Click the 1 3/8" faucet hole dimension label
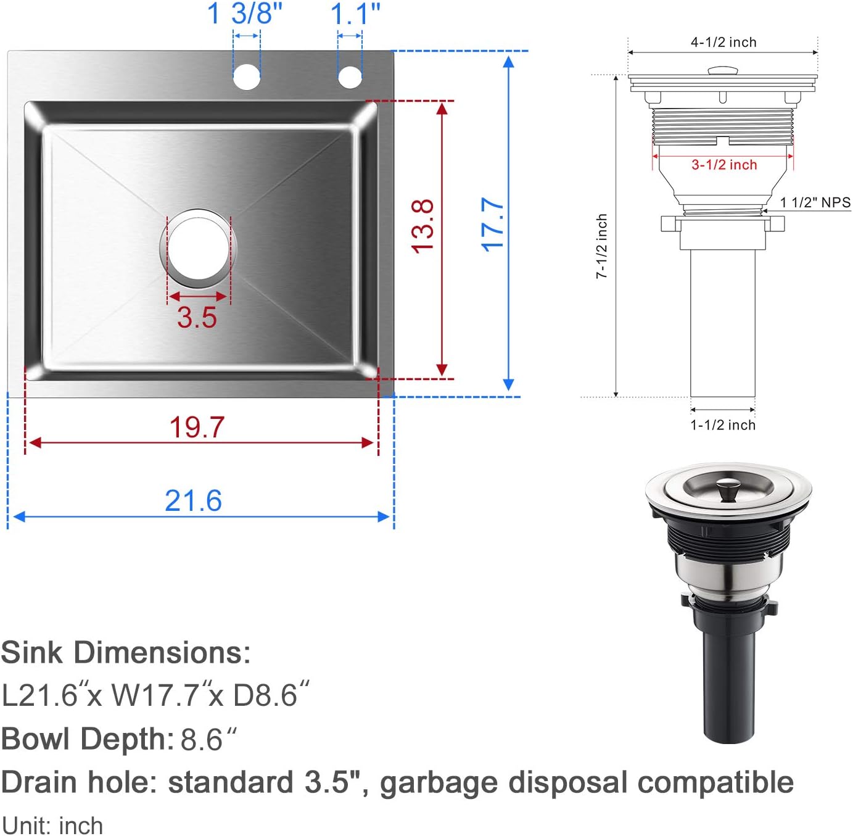(245, 14)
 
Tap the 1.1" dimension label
(355, 14)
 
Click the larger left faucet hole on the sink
(247, 77)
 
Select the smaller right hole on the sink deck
(350, 77)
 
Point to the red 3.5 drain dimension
(197, 317)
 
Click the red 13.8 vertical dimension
(423, 226)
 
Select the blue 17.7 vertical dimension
(493, 225)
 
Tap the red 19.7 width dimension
(197, 427)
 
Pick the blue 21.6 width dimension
(193, 500)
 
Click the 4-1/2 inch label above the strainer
(723, 42)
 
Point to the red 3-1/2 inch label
(723, 165)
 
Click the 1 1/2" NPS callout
(815, 202)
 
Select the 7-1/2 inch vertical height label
(602, 246)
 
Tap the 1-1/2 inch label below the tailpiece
(722, 425)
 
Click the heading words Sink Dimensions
(126, 653)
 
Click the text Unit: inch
(52, 826)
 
